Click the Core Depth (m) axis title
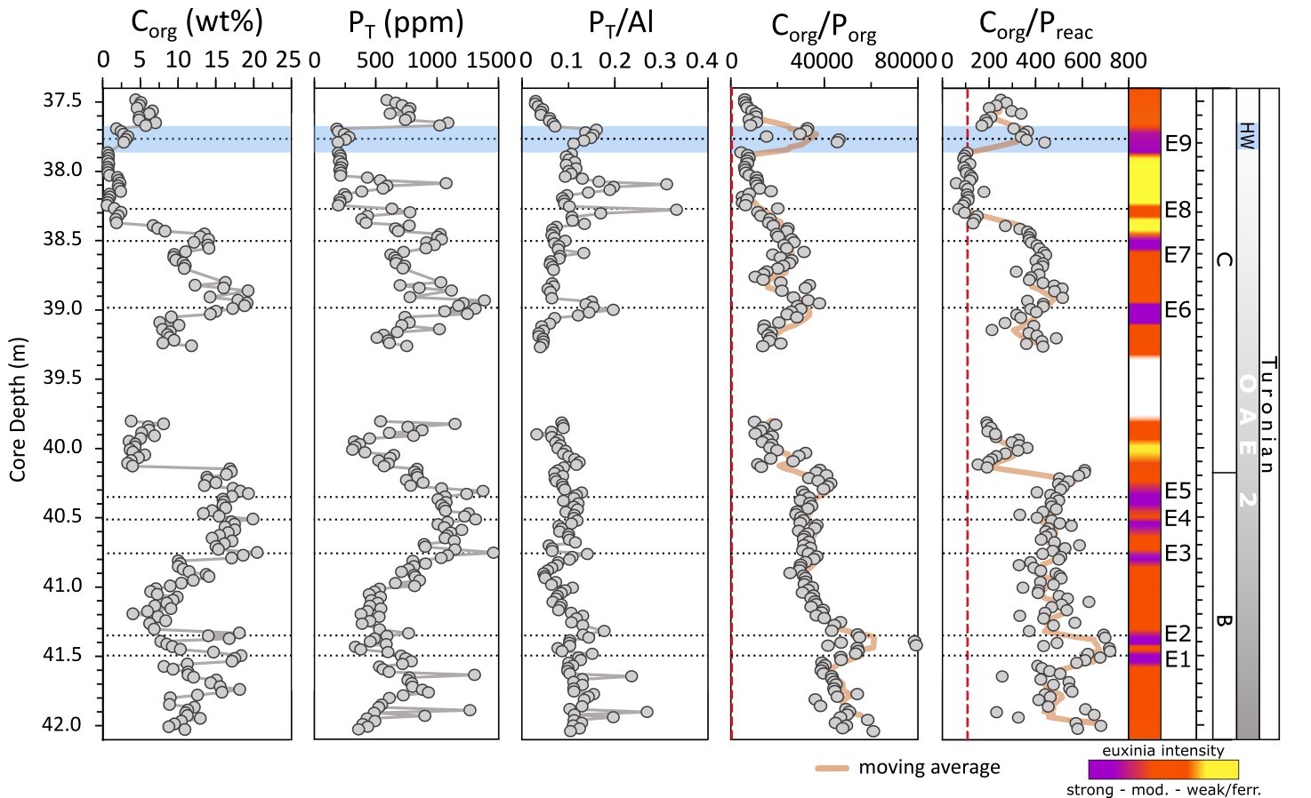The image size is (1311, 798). click(19, 410)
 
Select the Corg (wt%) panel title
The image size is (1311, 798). click(197, 23)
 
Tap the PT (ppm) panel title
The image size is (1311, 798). click(406, 23)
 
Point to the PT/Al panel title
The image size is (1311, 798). click(621, 23)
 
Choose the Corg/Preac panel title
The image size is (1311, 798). click(1035, 27)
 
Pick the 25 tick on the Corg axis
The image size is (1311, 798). click(287, 60)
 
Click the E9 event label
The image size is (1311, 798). click(1178, 144)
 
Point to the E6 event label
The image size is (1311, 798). click(1178, 310)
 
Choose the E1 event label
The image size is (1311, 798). click(1178, 659)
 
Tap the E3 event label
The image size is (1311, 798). click(1178, 555)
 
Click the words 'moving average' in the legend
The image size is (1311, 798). click(929, 768)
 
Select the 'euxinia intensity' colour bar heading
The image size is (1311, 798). click(1162, 751)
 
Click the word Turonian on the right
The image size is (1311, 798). click(1268, 414)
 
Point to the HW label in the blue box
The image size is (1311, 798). click(1246, 135)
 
